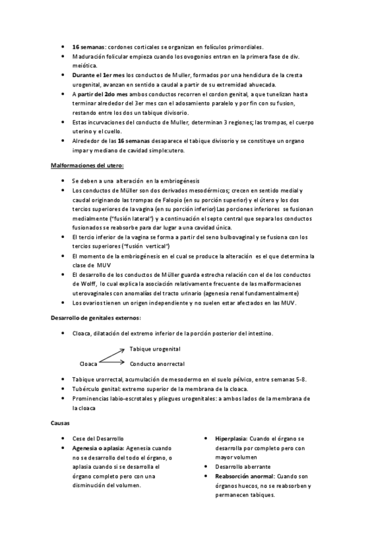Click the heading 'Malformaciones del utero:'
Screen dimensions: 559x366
(x=87, y=165)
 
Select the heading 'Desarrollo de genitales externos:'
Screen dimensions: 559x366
(x=96, y=318)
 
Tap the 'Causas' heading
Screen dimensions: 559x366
(x=61, y=423)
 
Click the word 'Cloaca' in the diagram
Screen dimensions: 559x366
(x=88, y=363)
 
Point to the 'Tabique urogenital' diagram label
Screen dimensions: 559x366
(x=155, y=349)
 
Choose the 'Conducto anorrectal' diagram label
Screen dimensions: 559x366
(x=157, y=363)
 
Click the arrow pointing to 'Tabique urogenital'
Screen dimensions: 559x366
(x=112, y=355)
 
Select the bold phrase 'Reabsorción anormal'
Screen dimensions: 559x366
(x=245, y=476)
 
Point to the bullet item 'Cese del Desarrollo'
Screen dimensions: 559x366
(x=98, y=438)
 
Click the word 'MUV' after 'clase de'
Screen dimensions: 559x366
(x=96, y=265)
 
